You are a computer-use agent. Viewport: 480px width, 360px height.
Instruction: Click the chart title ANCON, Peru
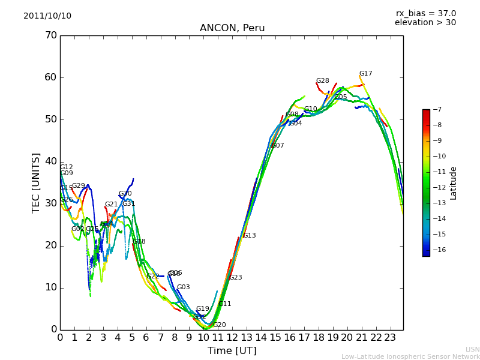click(x=232, y=28)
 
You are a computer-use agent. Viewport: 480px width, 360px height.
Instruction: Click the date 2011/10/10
click(x=47, y=16)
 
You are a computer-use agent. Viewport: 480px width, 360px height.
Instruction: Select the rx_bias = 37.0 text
click(x=425, y=13)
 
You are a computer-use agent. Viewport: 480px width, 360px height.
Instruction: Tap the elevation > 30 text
click(x=425, y=23)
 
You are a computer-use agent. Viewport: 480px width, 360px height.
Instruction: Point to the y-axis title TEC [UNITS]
click(x=36, y=182)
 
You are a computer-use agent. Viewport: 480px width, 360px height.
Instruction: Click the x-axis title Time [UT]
click(x=232, y=351)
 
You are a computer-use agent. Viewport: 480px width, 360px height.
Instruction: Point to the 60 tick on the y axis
click(x=50, y=77)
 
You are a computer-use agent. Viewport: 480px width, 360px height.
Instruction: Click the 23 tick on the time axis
click(x=390, y=337)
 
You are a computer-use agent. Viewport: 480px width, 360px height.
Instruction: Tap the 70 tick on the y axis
click(x=50, y=35)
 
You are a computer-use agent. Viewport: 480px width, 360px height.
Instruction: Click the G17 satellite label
click(x=366, y=74)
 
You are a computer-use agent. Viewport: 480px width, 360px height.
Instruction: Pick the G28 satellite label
click(x=323, y=81)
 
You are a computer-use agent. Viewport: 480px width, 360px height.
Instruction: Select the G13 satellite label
click(x=250, y=236)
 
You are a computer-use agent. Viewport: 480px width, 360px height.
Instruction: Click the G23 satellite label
click(x=236, y=278)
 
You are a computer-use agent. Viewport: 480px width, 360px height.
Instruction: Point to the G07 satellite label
click(x=278, y=146)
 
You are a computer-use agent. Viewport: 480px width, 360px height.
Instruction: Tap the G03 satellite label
click(x=184, y=287)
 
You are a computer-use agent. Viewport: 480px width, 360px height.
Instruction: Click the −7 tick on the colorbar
click(x=437, y=110)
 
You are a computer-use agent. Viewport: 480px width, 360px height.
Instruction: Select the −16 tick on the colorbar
click(x=439, y=250)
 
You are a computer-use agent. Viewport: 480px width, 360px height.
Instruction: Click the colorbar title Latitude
click(x=454, y=182)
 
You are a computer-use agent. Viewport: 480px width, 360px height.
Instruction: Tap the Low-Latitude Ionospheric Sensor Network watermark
click(x=410, y=356)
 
